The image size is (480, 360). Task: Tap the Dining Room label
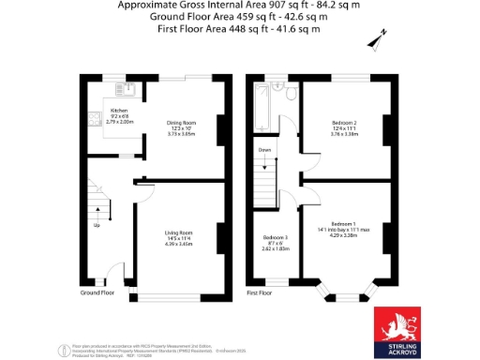click(181, 123)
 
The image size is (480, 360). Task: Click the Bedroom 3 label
click(276, 238)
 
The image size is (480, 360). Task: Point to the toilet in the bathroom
click(291, 94)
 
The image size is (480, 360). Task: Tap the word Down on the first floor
click(266, 149)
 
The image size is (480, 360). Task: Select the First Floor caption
click(260, 292)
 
